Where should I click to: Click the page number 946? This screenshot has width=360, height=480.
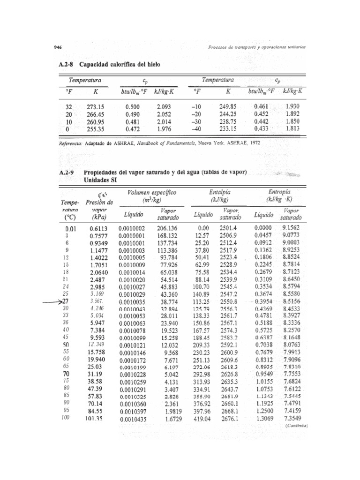59,48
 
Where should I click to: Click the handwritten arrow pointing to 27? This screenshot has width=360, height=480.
57,302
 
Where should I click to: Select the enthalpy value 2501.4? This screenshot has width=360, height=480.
229,228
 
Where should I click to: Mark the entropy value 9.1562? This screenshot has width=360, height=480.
292,228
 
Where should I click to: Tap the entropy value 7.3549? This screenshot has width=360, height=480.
292,418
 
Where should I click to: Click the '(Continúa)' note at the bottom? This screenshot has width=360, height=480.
295,426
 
